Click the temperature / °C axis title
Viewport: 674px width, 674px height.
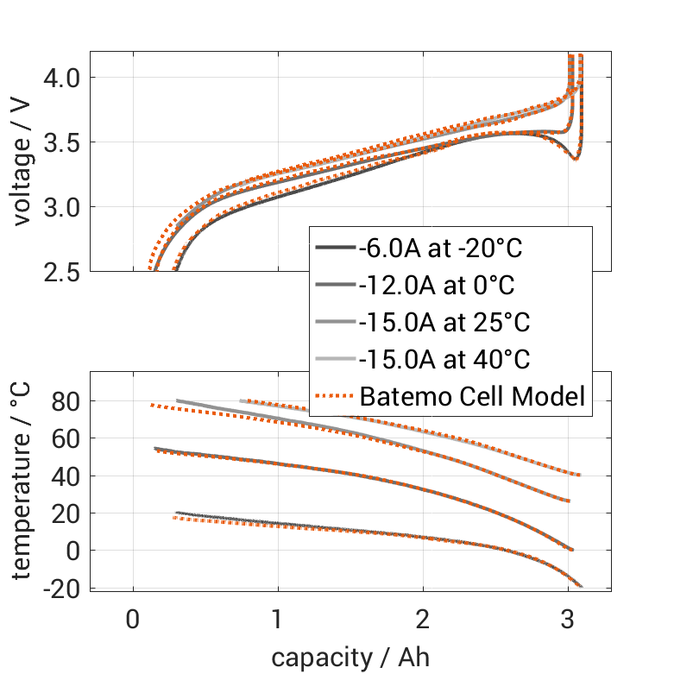tap(22, 480)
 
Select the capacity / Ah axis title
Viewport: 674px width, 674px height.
tap(350, 657)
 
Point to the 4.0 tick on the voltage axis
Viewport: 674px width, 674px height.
tap(59, 78)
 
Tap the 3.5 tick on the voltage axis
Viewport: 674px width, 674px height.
tap(59, 142)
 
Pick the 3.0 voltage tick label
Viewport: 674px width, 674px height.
tap(59, 207)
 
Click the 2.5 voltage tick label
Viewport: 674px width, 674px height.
tap(59, 272)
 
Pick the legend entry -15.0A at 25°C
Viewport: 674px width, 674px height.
tap(444, 323)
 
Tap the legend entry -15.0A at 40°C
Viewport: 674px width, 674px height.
tap(444, 360)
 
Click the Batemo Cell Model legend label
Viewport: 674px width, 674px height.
tap(472, 397)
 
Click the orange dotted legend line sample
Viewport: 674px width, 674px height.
tap(334, 397)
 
